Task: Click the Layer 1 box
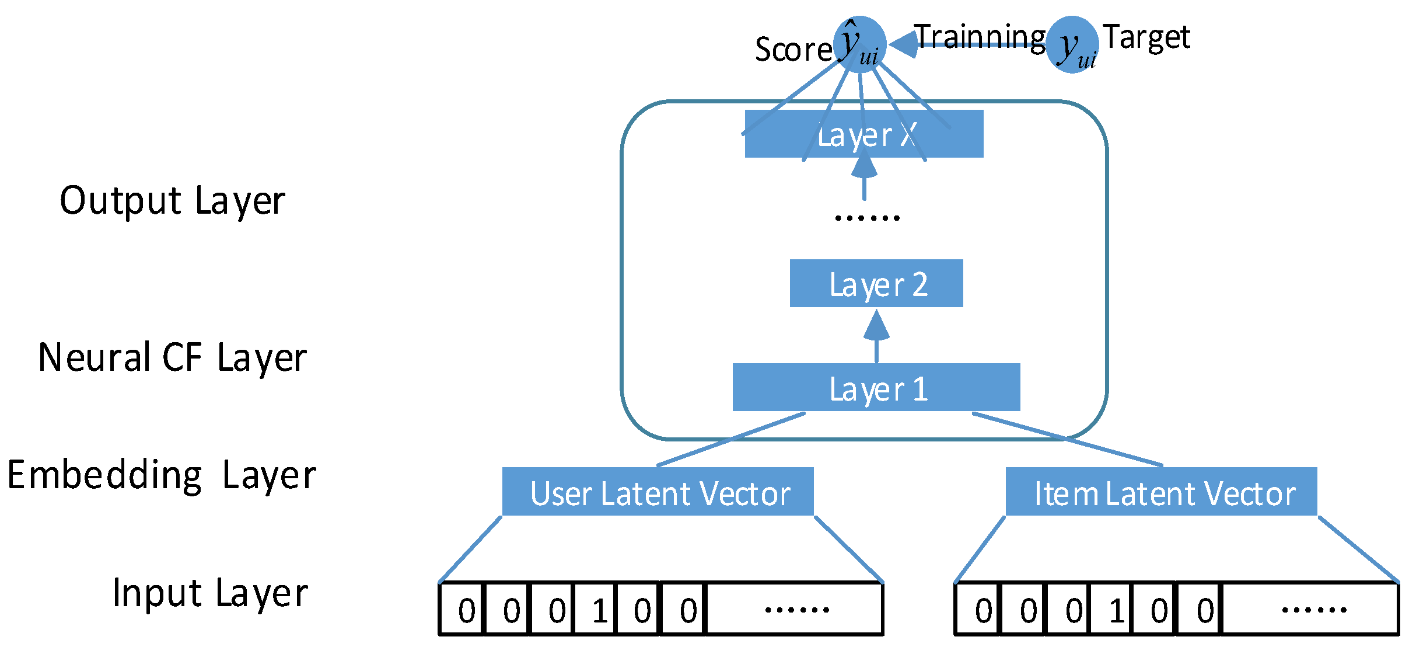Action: coord(876,387)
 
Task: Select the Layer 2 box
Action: coord(876,283)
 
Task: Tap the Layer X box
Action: coord(863,134)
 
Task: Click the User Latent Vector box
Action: coord(658,491)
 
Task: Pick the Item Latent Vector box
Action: coord(1161,491)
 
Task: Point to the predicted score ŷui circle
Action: coord(859,44)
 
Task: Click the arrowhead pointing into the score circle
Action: coord(903,44)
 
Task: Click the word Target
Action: coord(1146,37)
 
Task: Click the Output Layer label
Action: coord(172,201)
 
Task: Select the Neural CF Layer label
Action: coord(172,357)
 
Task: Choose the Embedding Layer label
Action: coord(161,475)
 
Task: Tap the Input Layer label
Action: coord(210,593)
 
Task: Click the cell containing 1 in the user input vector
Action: coord(596,609)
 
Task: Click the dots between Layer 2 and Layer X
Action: coord(867,218)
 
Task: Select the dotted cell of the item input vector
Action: coord(1311,609)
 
